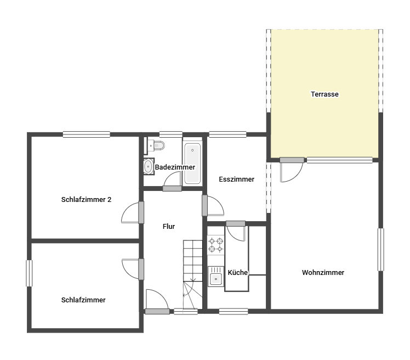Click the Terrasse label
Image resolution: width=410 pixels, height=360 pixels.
click(x=324, y=94)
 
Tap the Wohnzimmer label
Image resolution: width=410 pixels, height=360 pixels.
click(x=323, y=273)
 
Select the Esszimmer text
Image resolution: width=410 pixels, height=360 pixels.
click(x=236, y=179)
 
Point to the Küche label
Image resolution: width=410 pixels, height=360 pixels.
click(x=237, y=273)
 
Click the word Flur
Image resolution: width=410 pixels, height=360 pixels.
click(x=169, y=226)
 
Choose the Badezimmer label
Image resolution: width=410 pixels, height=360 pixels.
click(x=175, y=167)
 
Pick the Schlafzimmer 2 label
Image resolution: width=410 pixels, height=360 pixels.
click(x=86, y=200)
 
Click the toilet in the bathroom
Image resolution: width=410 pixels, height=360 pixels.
click(x=156, y=145)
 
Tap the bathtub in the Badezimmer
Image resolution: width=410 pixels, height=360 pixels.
click(x=192, y=163)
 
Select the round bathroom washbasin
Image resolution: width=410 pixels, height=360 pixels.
click(x=148, y=166)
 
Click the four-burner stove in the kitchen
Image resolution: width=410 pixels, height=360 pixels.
click(x=216, y=245)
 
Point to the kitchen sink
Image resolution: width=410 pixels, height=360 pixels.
click(x=216, y=276)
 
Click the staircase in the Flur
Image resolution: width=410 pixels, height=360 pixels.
click(x=193, y=275)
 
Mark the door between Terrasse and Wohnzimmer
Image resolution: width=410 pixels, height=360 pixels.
click(x=291, y=170)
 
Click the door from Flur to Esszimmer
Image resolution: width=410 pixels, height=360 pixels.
click(x=213, y=206)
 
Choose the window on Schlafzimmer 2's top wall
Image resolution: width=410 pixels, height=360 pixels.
click(x=86, y=134)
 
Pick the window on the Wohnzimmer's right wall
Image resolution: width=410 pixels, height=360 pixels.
click(x=381, y=250)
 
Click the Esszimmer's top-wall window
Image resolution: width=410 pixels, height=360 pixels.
click(x=228, y=134)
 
